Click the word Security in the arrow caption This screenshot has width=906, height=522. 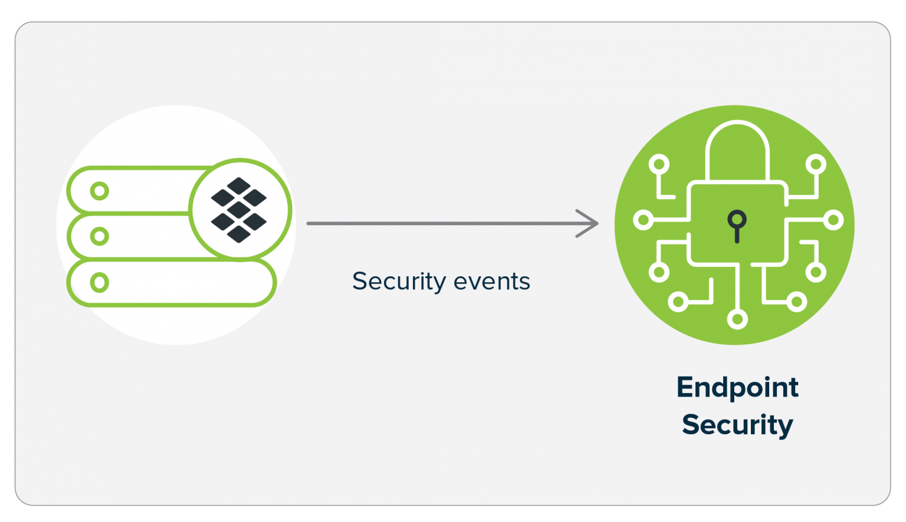click(399, 282)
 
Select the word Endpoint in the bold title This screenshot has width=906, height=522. click(737, 388)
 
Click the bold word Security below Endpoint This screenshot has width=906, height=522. click(737, 425)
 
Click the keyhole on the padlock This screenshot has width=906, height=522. click(737, 224)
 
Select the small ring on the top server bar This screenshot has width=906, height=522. click(100, 191)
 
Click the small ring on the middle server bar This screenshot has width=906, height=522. click(100, 236)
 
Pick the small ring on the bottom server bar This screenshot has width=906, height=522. click(100, 282)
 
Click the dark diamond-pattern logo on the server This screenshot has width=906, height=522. click(239, 210)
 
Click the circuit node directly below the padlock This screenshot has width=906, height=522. click(737, 319)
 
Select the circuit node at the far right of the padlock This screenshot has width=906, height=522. click(833, 220)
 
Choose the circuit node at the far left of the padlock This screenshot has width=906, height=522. click(643, 220)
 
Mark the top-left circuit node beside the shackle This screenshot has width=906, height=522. click(659, 164)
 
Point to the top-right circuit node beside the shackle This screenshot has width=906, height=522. click(816, 164)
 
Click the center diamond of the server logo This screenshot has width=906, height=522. click(239, 210)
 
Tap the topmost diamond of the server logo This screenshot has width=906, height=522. click(239, 186)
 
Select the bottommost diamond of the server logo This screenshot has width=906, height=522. click(239, 234)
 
